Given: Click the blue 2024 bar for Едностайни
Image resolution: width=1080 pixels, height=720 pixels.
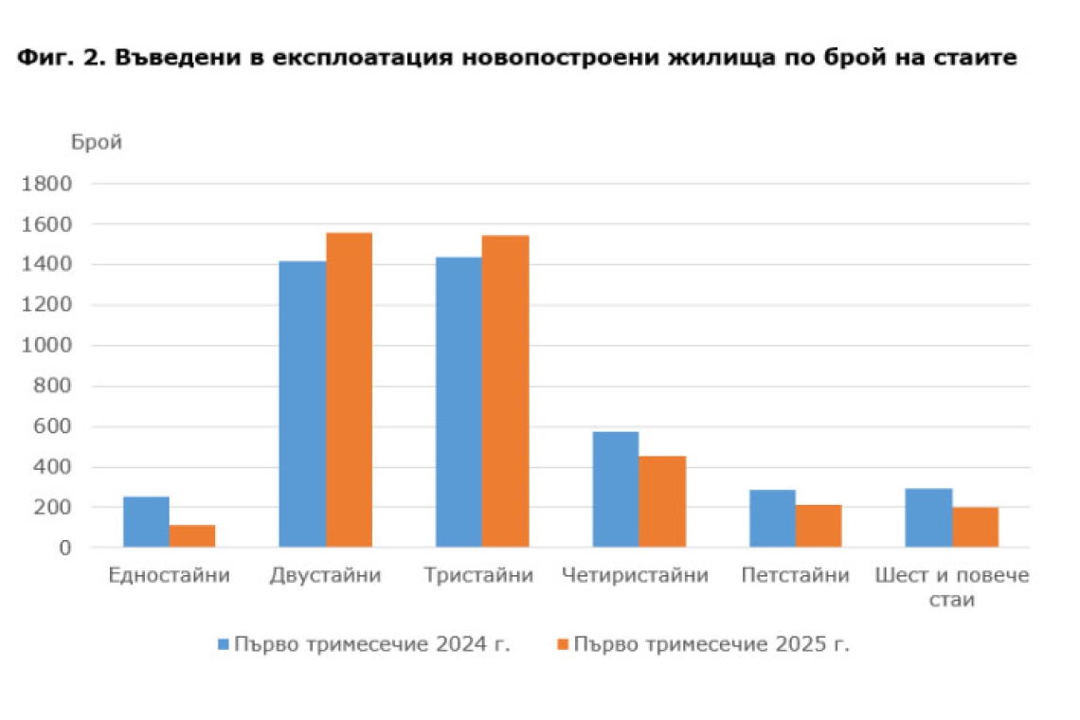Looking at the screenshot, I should pos(146,522).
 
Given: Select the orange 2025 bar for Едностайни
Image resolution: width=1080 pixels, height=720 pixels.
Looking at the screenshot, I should pos(192,536).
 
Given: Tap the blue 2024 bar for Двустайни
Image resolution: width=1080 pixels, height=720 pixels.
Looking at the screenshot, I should pos(302,405).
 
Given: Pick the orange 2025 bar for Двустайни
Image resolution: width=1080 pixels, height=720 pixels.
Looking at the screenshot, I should pos(349,390).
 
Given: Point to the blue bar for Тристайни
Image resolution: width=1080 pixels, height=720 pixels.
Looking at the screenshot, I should pos(459,403).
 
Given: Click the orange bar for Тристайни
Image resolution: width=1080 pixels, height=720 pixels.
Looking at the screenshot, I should pos(505,391).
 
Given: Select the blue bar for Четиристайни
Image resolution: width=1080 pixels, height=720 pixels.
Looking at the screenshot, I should pos(615,490).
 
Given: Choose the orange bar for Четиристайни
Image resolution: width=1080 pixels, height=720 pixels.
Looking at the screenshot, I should pos(661,502).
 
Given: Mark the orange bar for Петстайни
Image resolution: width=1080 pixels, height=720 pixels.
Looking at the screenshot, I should pos(819,526).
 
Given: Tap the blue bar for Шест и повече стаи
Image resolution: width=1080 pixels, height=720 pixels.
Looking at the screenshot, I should pos(928,518).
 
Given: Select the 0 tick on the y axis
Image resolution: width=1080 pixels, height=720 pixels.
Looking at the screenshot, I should pos(64,548).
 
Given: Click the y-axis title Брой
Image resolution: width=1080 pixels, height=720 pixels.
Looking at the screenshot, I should pos(97,143).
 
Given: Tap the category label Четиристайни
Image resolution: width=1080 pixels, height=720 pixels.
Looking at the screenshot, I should pos(635,576).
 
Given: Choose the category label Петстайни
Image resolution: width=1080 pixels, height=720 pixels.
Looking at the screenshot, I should pos(795,576).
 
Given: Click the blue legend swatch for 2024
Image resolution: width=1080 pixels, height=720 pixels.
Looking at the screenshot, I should pos(224,644).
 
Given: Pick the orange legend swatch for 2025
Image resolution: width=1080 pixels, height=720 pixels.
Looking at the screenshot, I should pos(562,644).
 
